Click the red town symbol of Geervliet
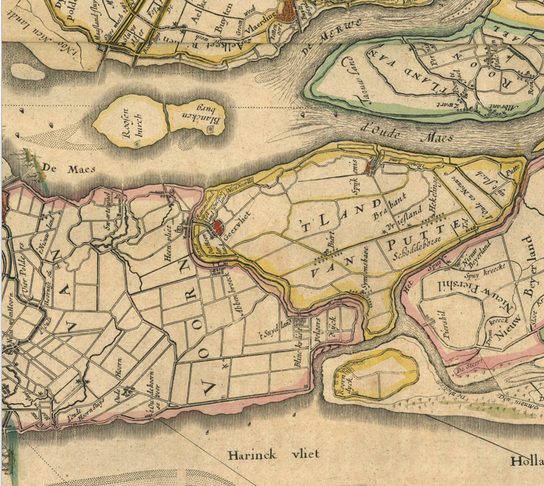click(218, 227)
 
